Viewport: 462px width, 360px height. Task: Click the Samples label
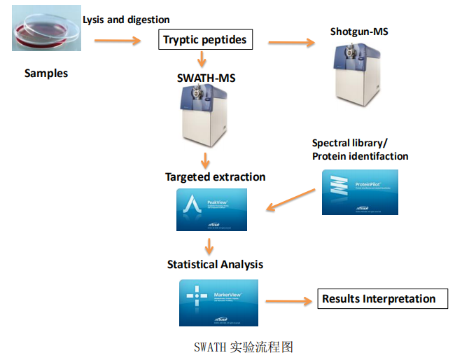(46, 74)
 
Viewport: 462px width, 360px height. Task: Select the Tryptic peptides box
(204, 40)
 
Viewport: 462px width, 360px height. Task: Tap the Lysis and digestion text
(126, 20)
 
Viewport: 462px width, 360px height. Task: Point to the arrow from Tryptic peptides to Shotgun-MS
(291, 43)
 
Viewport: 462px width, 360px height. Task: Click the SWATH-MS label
(206, 77)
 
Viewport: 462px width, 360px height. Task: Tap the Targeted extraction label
(215, 177)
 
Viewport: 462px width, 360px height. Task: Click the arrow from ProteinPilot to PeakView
(291, 198)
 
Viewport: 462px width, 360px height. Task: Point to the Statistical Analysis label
(215, 264)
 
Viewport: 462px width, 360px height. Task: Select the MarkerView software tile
(218, 301)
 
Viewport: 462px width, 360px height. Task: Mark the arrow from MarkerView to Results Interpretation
(287, 302)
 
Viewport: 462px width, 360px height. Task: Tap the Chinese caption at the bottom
(242, 346)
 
